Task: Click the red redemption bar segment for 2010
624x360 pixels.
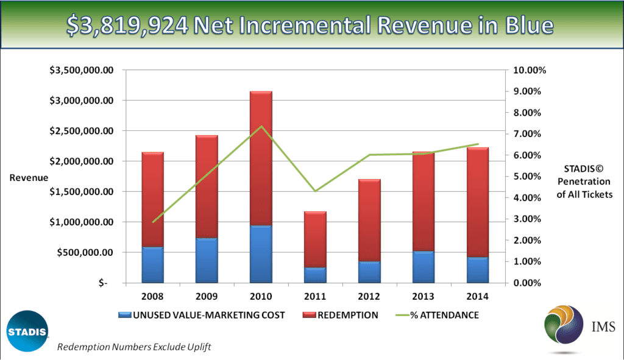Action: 261,158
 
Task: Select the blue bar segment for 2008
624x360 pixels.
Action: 152,264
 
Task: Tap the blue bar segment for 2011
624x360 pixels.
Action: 315,275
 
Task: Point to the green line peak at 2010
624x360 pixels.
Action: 261,126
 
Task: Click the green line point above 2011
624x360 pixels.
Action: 315,191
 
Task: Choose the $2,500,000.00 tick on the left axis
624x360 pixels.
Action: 87,131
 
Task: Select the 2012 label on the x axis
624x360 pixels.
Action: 369,297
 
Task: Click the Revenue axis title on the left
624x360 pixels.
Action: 29,177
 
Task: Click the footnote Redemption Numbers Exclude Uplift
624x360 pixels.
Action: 134,347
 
